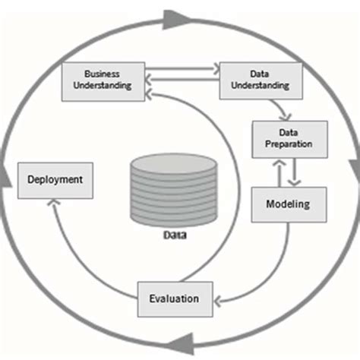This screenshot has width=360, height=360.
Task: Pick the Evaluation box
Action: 174,298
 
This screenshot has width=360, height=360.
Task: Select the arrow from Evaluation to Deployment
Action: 76,251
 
